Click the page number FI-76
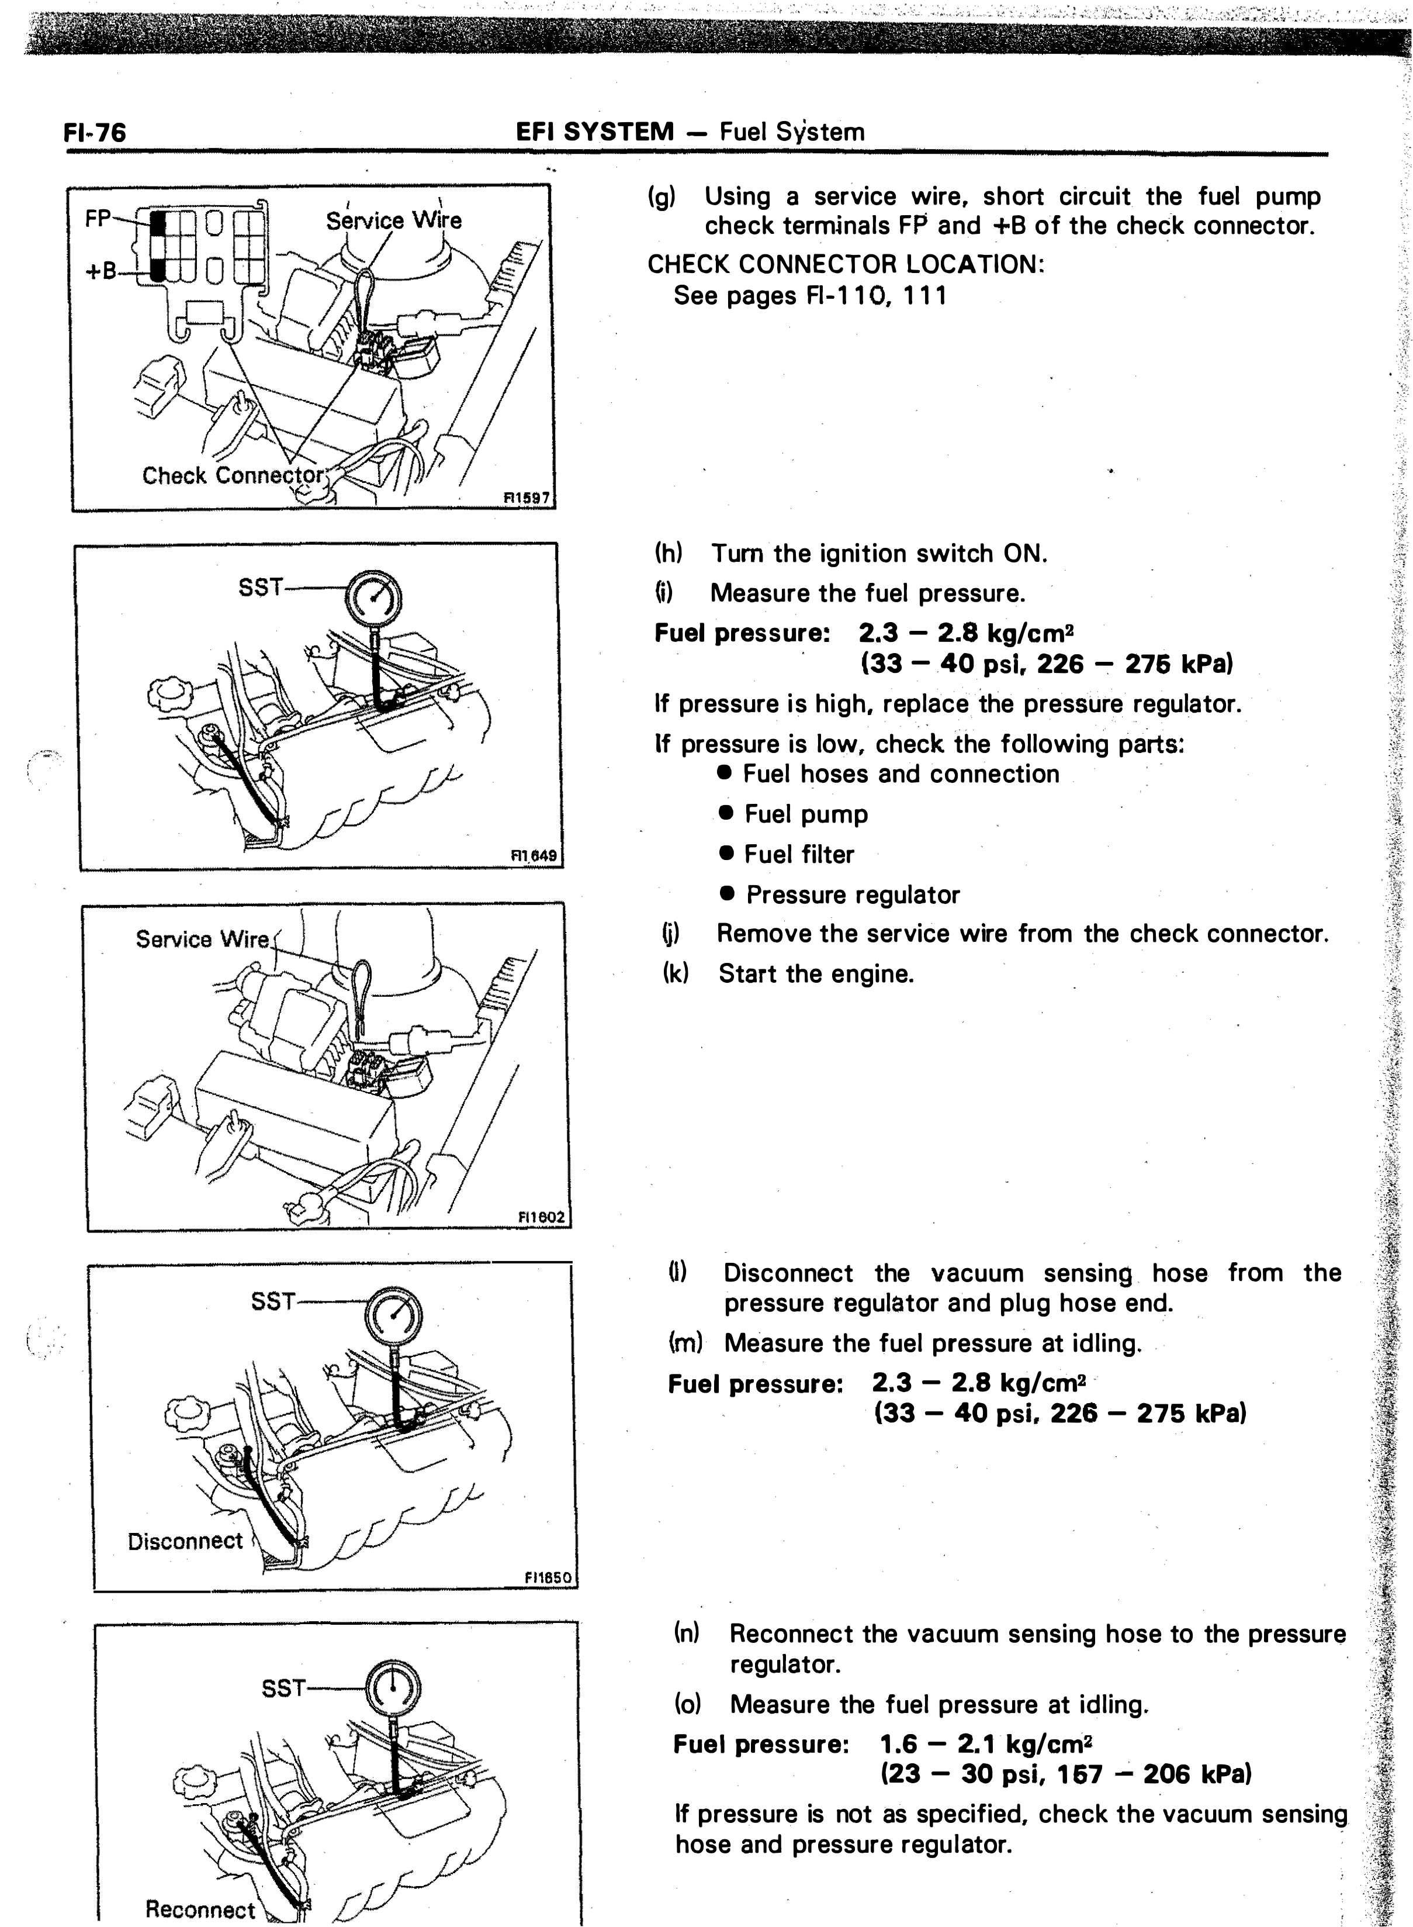point(95,133)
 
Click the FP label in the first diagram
point(98,219)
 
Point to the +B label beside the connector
point(100,271)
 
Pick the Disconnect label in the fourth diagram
point(186,1541)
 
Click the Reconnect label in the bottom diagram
point(200,1909)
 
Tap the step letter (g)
point(661,197)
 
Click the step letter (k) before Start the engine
point(676,974)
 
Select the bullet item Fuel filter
point(799,854)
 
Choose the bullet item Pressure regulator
point(853,895)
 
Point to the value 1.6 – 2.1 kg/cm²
point(986,1744)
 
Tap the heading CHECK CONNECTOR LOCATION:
point(846,264)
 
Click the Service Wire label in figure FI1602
point(202,940)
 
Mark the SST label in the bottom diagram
point(283,1689)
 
